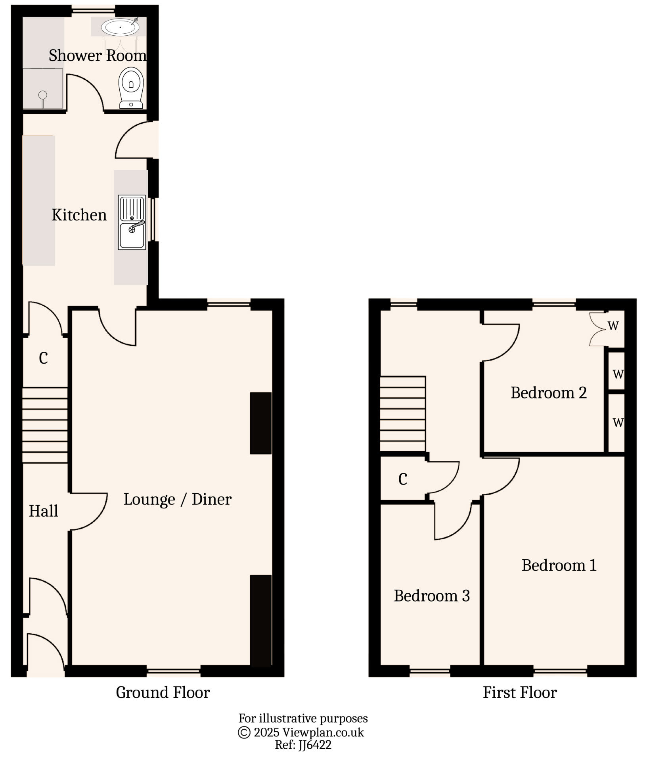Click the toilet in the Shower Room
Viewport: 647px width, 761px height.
[131, 87]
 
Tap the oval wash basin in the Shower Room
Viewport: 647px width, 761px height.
[120, 27]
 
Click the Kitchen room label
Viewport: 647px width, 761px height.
[79, 215]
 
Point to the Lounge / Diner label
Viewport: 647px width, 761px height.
[177, 499]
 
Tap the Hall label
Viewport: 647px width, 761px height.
[43, 511]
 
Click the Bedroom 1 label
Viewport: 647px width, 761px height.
[559, 565]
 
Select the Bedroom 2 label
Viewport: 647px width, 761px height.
[548, 393]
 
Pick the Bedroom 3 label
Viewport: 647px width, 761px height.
[431, 596]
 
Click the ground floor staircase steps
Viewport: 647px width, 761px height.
[45, 425]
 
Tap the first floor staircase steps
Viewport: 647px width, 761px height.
[403, 414]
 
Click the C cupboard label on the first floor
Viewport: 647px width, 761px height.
[403, 479]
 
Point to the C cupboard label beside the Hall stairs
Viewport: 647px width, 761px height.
[43, 358]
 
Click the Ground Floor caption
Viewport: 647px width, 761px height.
[163, 692]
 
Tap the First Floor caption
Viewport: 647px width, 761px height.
[520, 692]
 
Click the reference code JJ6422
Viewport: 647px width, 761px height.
[313, 745]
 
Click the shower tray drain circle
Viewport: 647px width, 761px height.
[43, 95]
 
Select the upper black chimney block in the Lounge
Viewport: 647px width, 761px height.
[261, 423]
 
